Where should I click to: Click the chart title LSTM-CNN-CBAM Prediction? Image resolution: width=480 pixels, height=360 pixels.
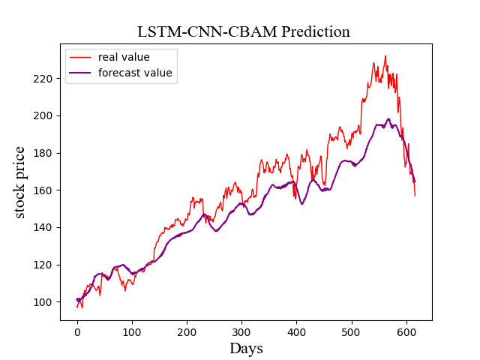(244, 31)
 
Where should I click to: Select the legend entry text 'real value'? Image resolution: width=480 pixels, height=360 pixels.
(124, 57)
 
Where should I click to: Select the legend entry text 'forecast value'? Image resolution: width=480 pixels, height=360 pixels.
(135, 73)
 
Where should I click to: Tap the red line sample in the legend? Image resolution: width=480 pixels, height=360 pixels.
(81, 57)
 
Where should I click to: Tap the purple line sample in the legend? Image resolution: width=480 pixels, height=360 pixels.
(81, 73)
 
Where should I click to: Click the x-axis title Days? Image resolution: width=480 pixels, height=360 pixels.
(246, 348)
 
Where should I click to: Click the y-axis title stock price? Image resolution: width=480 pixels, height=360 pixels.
(20, 182)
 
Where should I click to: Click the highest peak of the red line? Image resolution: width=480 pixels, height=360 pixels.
(385, 56)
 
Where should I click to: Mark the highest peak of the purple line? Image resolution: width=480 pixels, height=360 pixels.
(388, 119)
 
